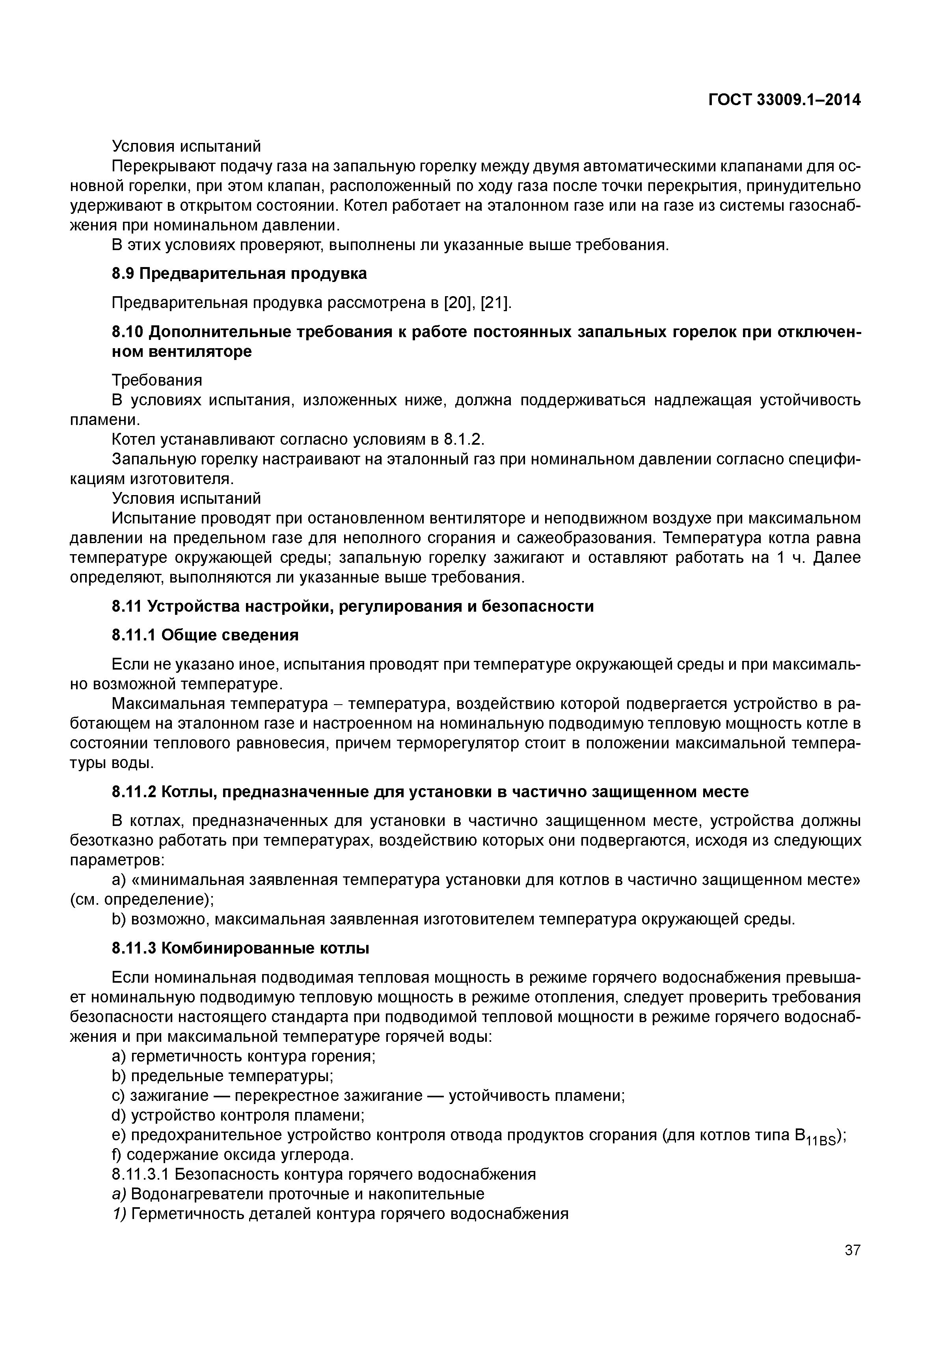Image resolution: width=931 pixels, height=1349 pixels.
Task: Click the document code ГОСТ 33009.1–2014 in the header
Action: (785, 100)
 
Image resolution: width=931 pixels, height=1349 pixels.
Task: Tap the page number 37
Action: (852, 1250)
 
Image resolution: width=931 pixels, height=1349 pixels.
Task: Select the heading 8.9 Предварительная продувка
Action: (239, 273)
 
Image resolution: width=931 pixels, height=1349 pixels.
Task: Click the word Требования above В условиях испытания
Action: (156, 380)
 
